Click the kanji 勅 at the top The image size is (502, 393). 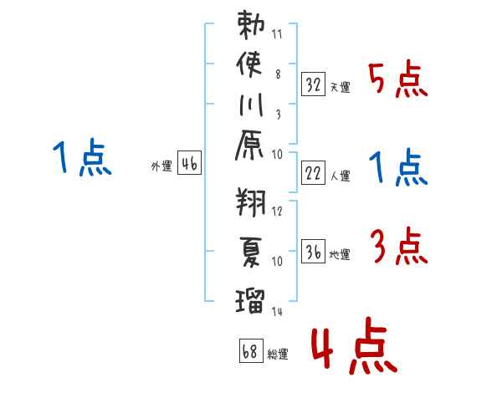[x=250, y=25]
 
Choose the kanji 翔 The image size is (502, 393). [x=250, y=202]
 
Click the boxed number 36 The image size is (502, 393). [x=313, y=251]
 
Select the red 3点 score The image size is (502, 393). [x=397, y=247]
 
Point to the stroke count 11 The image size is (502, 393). [x=278, y=35]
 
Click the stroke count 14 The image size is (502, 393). [x=278, y=311]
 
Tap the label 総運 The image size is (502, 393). [x=278, y=354]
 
